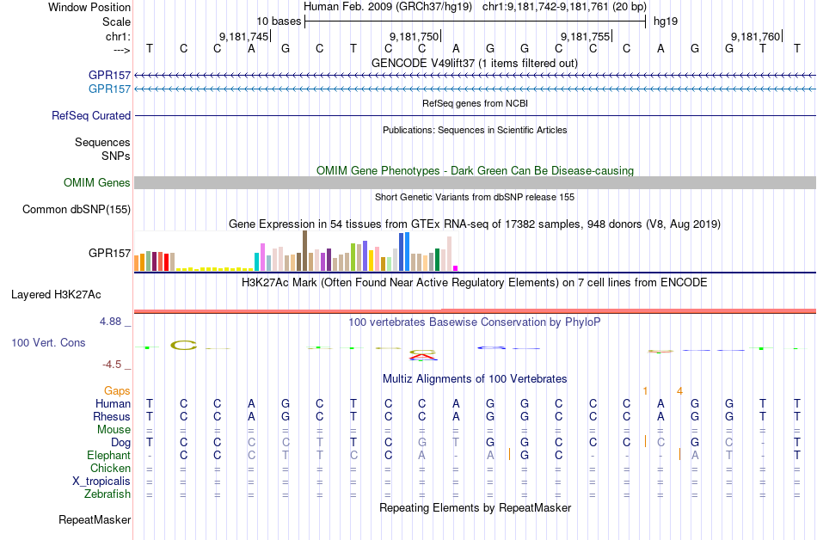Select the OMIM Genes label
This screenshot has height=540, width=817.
pos(97,182)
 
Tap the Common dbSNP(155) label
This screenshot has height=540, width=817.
pos(77,209)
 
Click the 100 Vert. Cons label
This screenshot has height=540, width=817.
pos(48,342)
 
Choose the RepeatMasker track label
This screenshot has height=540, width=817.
pos(95,519)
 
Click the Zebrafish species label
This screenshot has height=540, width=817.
pos(107,494)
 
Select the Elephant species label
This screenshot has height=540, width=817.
pos(108,455)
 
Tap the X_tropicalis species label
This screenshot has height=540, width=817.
pos(101,482)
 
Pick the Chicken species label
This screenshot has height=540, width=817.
pos(110,468)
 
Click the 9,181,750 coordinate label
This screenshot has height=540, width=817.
pos(414,36)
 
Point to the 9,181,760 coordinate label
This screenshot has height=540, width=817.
pos(755,36)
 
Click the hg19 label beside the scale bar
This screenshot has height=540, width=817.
pos(666,21)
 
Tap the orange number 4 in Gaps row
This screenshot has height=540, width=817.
pos(679,390)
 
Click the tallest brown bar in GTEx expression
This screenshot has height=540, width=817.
pos(304,250)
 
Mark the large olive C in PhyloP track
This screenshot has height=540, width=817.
pos(184,346)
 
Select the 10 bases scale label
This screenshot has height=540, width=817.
pos(279,21)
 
